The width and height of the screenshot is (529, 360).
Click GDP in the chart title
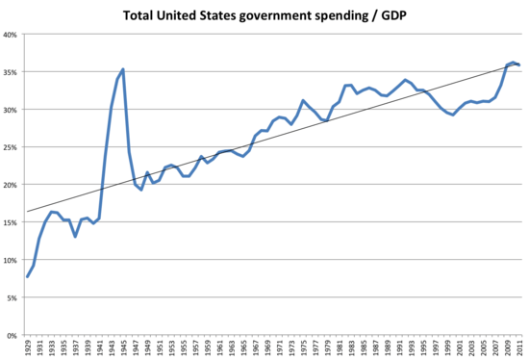pyautogui.click(x=390, y=16)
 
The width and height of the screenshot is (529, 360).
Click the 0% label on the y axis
pyautogui.click(x=14, y=335)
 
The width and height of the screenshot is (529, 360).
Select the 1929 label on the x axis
pyautogui.click(x=27, y=347)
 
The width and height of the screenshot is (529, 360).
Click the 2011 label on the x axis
pyautogui.click(x=520, y=347)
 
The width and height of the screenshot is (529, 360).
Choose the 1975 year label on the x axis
pyautogui.click(x=304, y=347)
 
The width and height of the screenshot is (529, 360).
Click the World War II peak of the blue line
pyautogui.click(x=123, y=69)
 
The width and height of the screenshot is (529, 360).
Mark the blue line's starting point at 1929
pyautogui.click(x=27, y=276)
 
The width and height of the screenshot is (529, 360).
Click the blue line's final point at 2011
pyautogui.click(x=520, y=64)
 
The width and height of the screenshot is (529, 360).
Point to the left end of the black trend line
pyautogui.click(x=27, y=211)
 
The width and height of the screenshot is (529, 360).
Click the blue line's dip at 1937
pyautogui.click(x=75, y=236)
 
